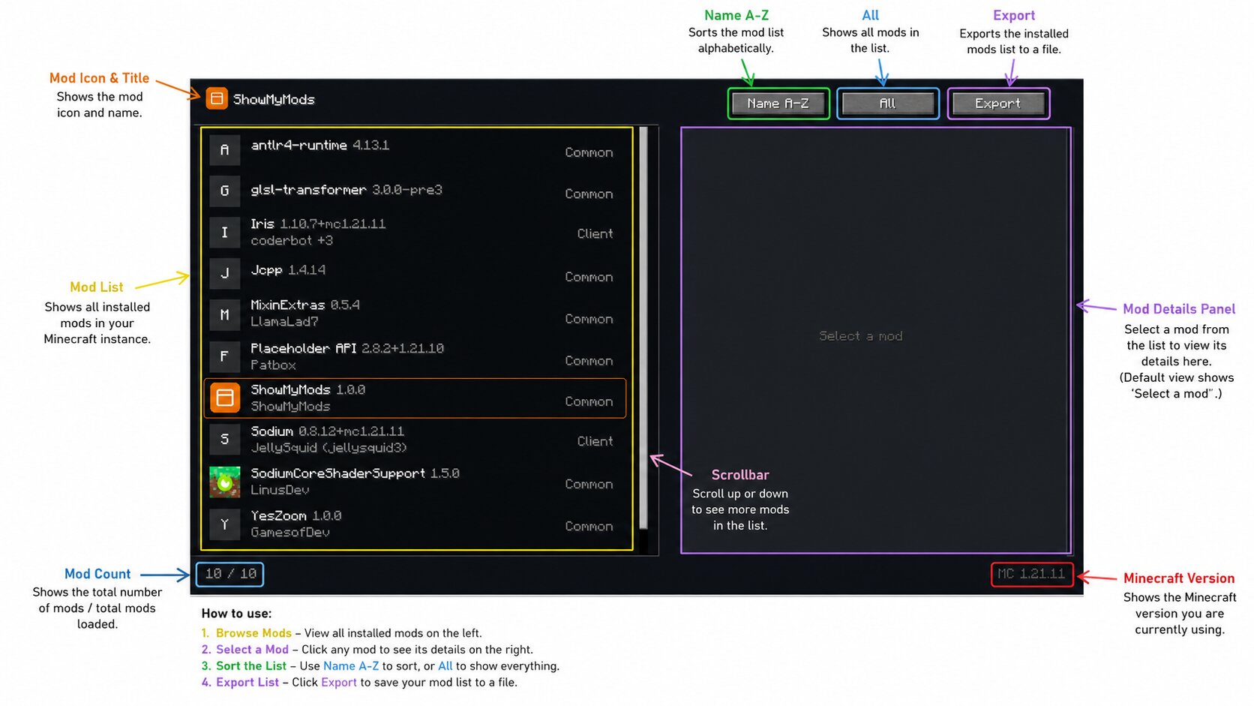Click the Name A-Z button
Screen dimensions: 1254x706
(778, 104)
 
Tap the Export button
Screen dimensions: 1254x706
(998, 104)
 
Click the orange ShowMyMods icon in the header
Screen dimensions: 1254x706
(217, 98)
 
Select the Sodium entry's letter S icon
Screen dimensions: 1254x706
(224, 439)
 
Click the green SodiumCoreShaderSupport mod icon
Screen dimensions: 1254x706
(224, 482)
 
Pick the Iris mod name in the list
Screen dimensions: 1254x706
(262, 224)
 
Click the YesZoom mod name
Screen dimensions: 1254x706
(278, 515)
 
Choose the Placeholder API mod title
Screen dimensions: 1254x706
(304, 348)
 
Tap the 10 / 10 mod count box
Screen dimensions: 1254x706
(230, 574)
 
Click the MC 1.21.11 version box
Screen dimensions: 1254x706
(1032, 574)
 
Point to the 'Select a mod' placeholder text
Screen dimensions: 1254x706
(860, 336)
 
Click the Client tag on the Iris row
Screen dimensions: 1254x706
(595, 233)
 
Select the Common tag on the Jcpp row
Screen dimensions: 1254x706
(589, 277)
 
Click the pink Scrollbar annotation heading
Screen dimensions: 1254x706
(740, 475)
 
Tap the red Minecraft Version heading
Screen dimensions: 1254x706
(1179, 578)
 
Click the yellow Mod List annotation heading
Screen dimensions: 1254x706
(96, 287)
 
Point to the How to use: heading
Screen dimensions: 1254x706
(236, 614)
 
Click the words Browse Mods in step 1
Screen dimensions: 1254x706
(253, 633)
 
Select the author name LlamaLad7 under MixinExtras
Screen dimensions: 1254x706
(284, 322)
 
